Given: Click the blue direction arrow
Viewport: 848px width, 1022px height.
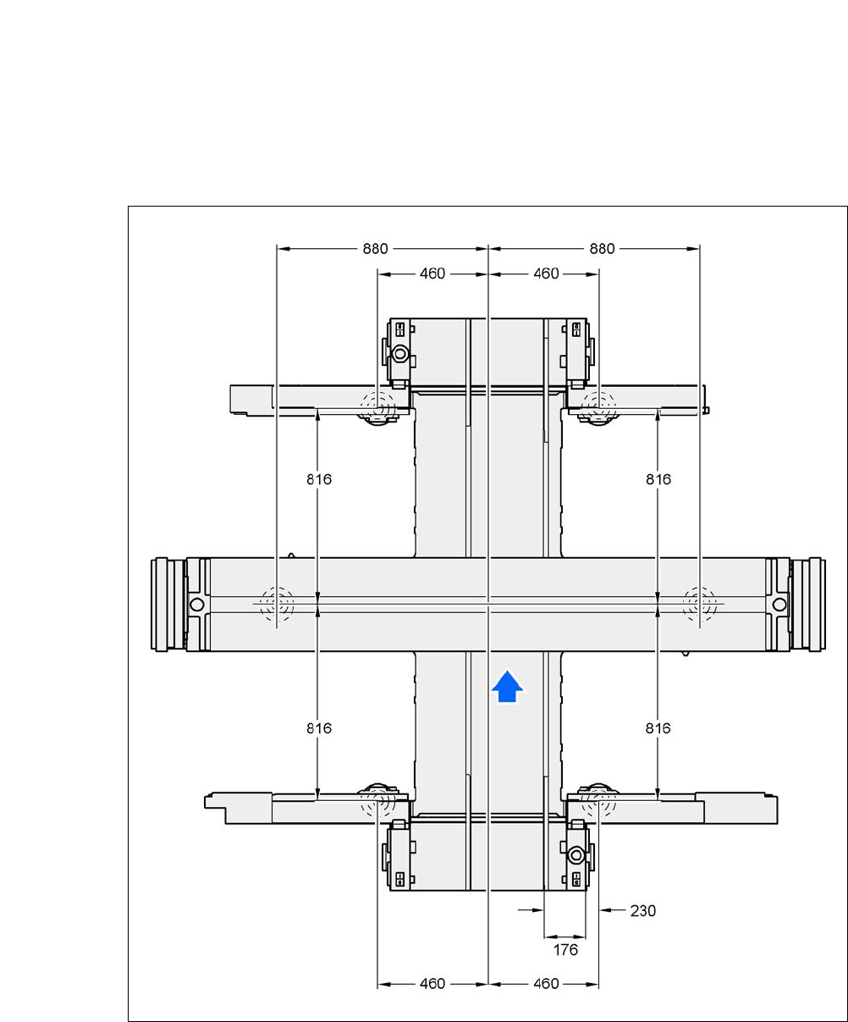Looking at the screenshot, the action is tap(507, 687).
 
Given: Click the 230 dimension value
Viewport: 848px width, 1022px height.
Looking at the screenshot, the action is tap(642, 911).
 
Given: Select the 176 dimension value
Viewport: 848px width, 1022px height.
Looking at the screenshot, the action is tap(565, 950).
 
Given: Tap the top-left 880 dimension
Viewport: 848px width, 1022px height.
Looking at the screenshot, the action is tap(375, 249).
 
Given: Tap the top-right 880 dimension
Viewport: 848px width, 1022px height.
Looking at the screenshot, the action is tap(602, 249).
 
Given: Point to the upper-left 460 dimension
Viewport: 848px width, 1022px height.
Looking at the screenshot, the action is tap(432, 273).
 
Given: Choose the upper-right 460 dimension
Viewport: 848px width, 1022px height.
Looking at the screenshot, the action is tap(546, 273).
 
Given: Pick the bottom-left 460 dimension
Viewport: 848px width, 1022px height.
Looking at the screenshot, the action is tap(432, 984).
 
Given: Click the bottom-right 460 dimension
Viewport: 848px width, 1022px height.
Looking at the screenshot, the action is tap(546, 984).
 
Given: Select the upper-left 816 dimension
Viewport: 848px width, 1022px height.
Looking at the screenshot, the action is tap(319, 479).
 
